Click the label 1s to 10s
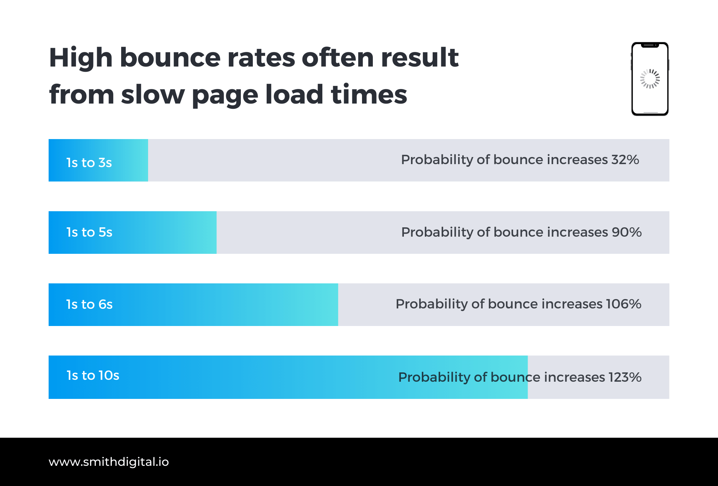coord(93,375)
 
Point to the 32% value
coord(625,160)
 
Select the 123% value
coord(625,377)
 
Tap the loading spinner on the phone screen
coord(650,79)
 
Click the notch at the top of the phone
coord(650,46)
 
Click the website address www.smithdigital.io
coord(108,462)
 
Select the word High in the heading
coord(81,58)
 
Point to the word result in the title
coord(420,58)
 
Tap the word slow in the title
coord(153,95)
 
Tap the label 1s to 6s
coord(89,304)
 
